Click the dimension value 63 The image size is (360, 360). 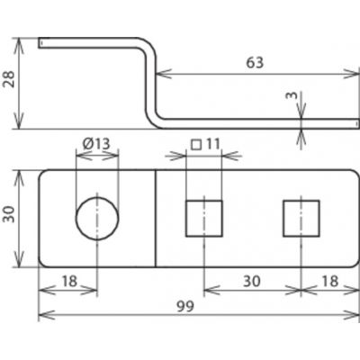pos(255,63)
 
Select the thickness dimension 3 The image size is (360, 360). pos(292,95)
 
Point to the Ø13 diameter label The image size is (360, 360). pos(96,144)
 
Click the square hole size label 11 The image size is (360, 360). pos(213,144)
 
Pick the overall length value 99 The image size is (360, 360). pos(185,306)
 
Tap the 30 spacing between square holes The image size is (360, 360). pos(252,282)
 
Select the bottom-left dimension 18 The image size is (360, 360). pos(69,282)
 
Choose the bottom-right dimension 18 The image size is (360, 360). pos(329,282)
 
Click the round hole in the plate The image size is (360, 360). pos(97,219)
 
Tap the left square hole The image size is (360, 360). pos(204,219)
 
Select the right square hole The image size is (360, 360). pos(301,219)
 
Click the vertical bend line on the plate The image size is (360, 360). pos(156,218)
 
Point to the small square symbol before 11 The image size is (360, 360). pos(196,145)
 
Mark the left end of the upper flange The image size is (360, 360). pos(39,42)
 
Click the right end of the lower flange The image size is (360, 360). pos(358,124)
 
